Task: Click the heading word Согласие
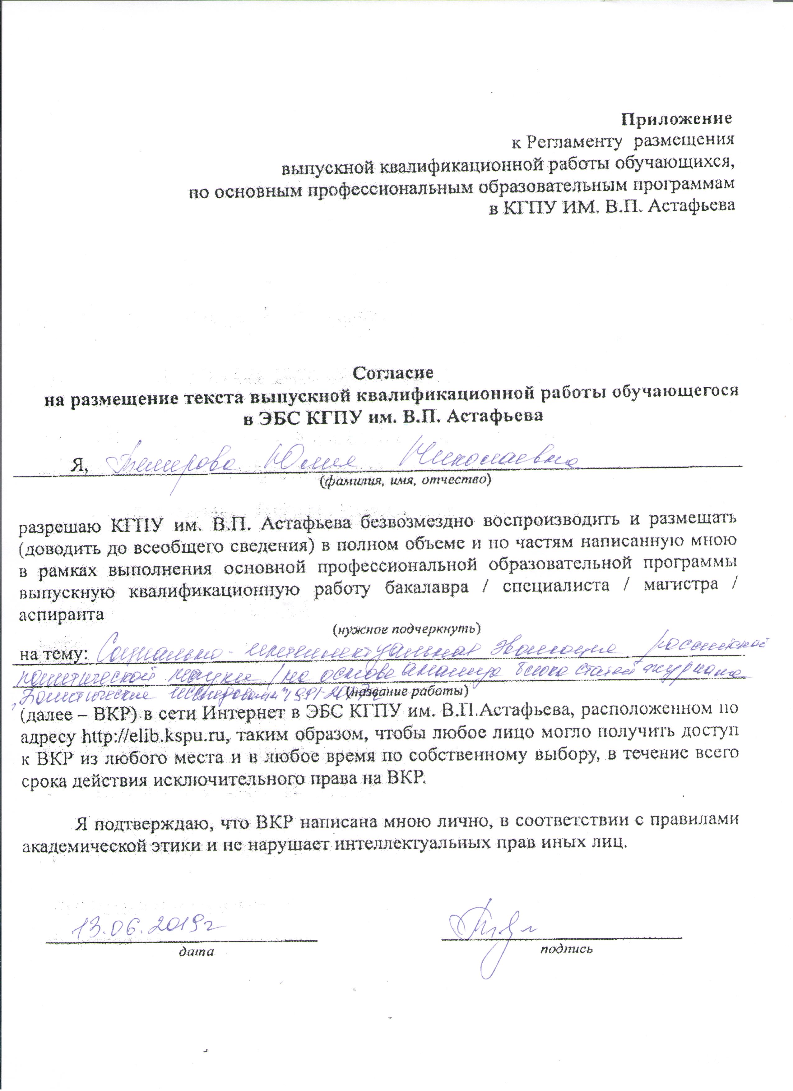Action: pyautogui.click(x=393, y=372)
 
